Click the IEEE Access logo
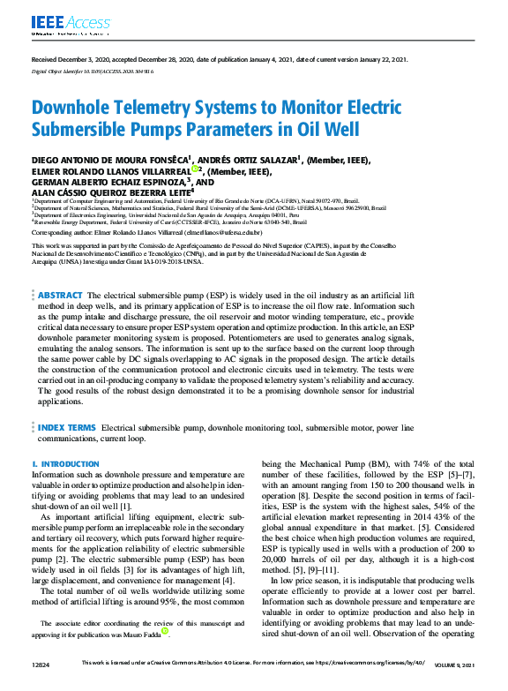point(61,23)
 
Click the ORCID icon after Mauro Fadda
point(165,631)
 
